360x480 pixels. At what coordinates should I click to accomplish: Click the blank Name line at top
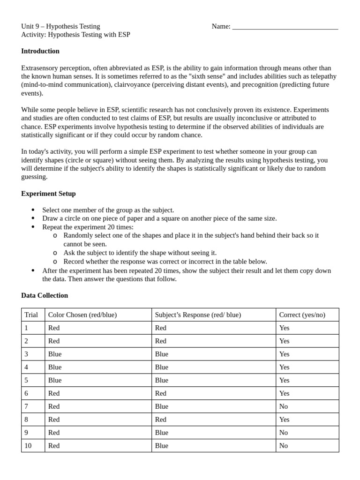click(x=285, y=27)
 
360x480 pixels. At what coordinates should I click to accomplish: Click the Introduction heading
click(x=40, y=51)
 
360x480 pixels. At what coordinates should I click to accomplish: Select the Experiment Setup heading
click(x=48, y=194)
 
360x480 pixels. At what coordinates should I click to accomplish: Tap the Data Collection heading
click(x=45, y=295)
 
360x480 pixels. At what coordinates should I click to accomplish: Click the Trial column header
click(x=31, y=315)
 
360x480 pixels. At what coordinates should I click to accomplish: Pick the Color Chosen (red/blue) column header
click(x=82, y=315)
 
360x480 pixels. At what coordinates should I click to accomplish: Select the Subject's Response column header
click(x=198, y=315)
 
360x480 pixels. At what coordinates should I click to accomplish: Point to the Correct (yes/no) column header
click(x=302, y=315)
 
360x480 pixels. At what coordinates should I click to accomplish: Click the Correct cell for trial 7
click(x=284, y=406)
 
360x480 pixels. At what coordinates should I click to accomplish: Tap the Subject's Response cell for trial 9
click(x=162, y=433)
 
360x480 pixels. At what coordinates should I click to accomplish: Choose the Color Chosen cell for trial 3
click(x=55, y=354)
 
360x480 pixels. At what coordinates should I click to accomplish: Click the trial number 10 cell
click(x=28, y=446)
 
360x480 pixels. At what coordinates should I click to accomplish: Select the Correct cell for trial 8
click(x=284, y=420)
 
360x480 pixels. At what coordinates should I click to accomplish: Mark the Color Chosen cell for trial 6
click(x=54, y=393)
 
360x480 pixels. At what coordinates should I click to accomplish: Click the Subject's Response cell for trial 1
click(x=161, y=328)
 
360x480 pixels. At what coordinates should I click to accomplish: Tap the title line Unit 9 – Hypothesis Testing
click(x=60, y=26)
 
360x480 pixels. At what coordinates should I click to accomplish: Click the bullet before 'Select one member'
click(x=33, y=210)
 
